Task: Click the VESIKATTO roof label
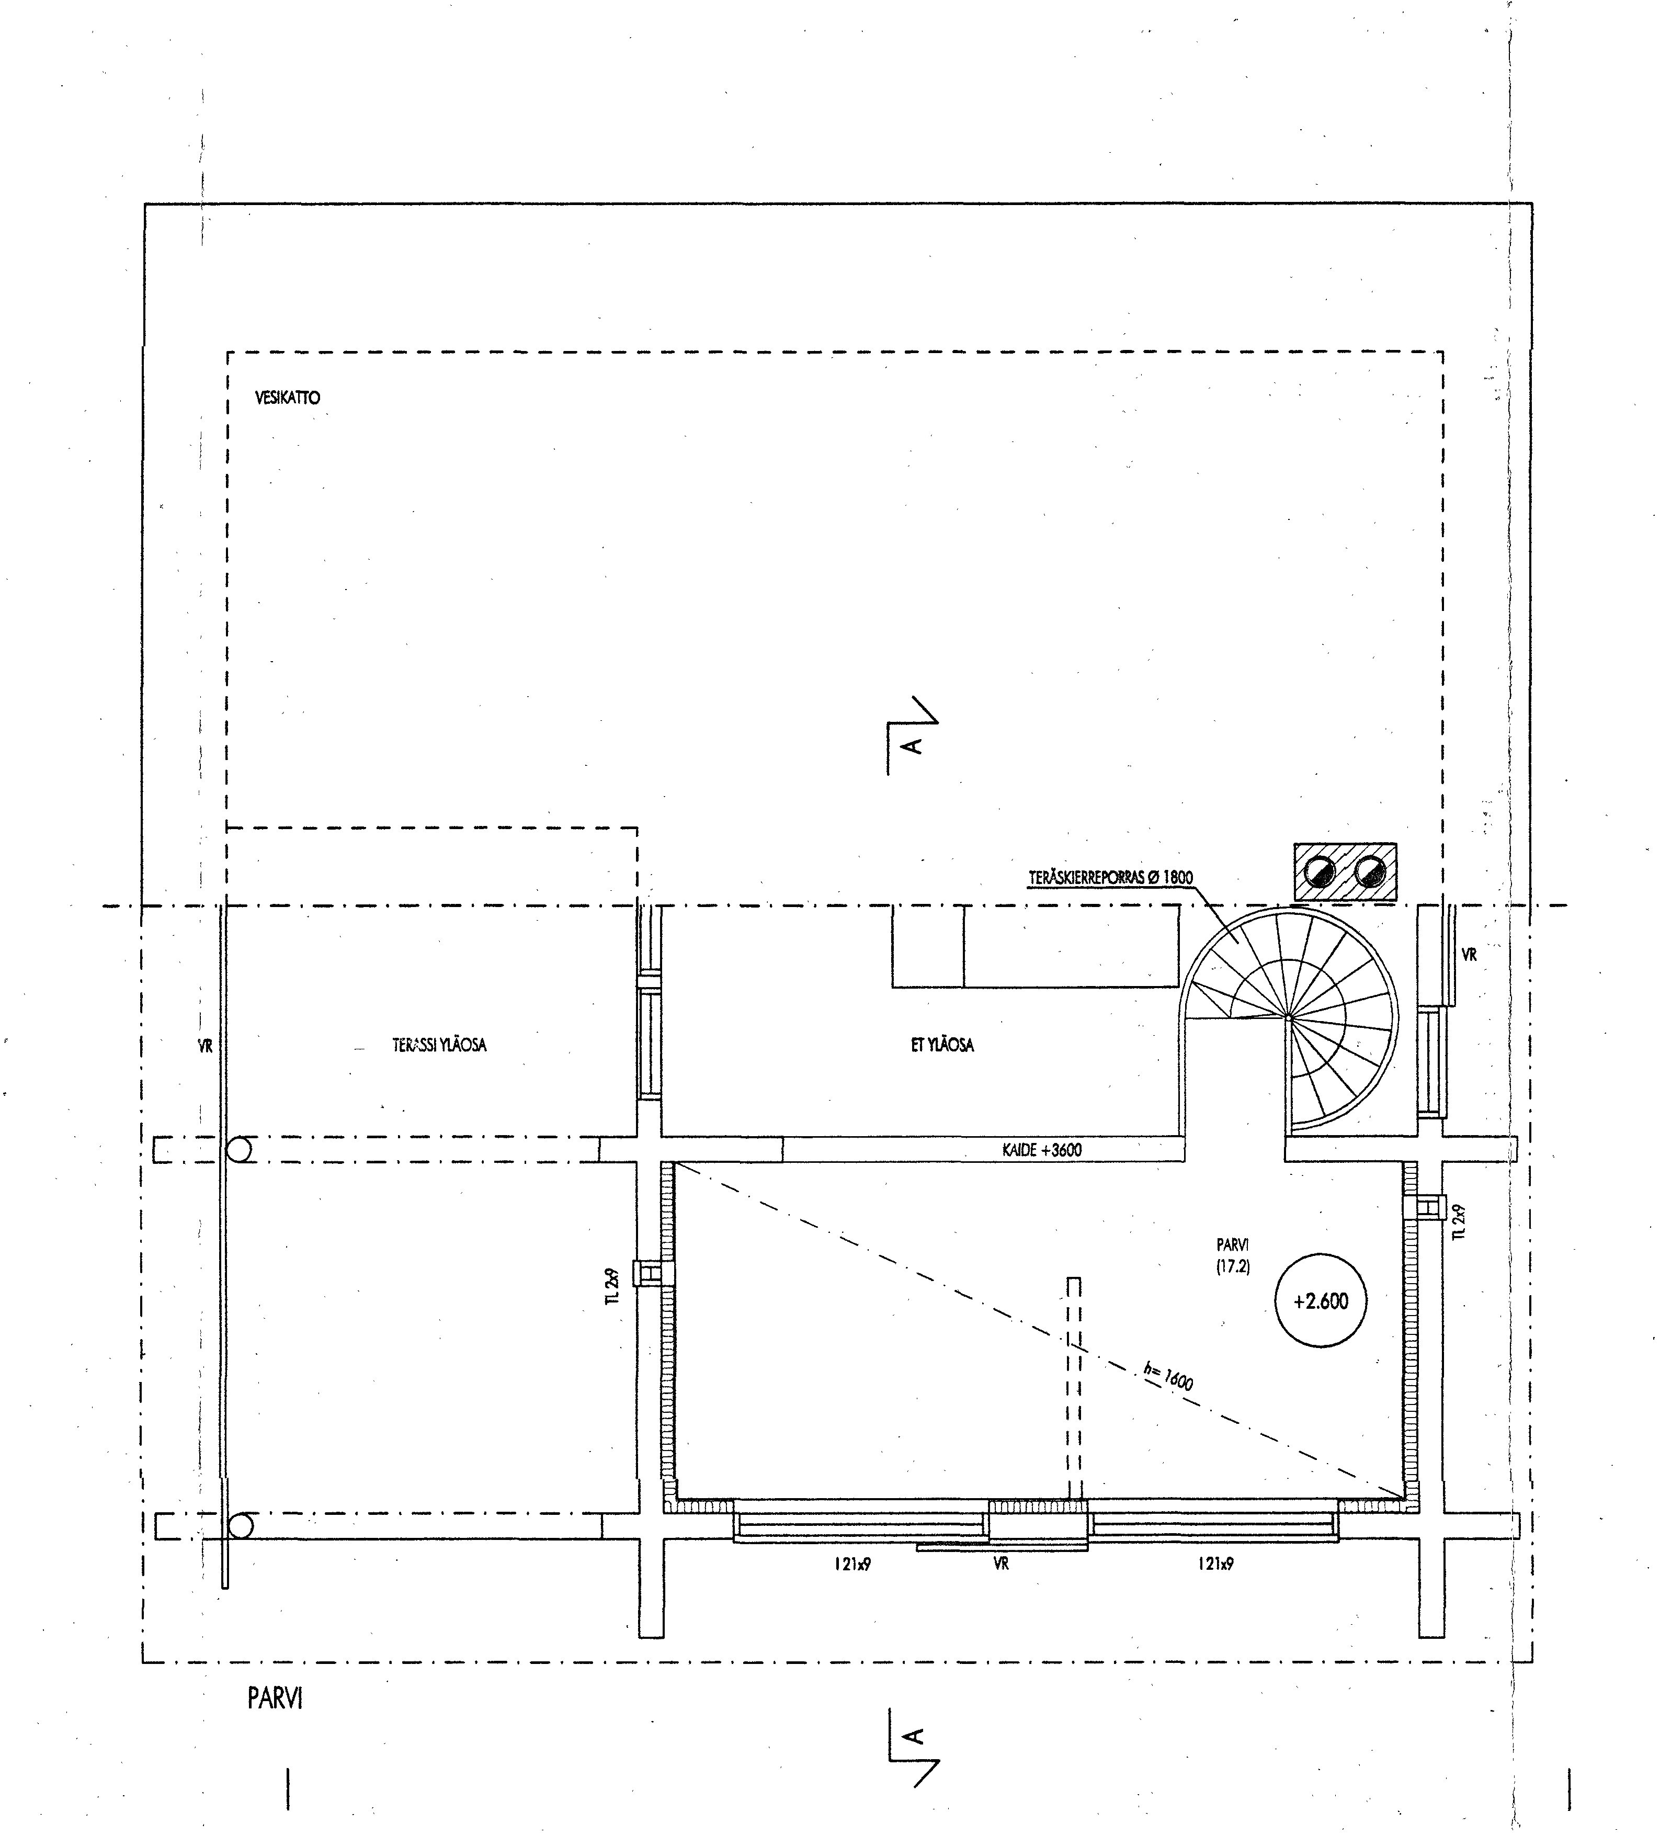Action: click(288, 398)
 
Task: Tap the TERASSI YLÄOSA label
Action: click(439, 1045)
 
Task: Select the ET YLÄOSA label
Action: click(942, 1045)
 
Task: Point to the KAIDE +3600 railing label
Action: click(1042, 1150)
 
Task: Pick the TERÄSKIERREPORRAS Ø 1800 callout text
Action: click(1110, 877)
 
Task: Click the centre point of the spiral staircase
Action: click(1289, 1017)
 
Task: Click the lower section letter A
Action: click(913, 1736)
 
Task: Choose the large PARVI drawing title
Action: click(275, 1698)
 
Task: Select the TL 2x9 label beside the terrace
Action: click(615, 1286)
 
